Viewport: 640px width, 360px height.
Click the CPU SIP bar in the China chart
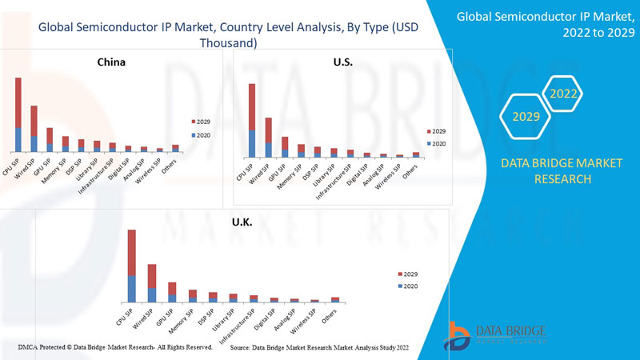click(x=18, y=114)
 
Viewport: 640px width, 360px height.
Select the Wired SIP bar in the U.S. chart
click(x=268, y=137)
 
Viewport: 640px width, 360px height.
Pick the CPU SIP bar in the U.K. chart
click(x=131, y=266)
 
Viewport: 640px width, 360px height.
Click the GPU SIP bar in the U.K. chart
click(x=172, y=292)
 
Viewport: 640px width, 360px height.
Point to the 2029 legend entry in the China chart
click(x=201, y=121)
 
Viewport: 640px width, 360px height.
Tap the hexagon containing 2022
click(x=563, y=94)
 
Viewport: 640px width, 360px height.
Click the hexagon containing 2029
click(x=526, y=117)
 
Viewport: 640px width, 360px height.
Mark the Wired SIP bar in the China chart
click(x=34, y=129)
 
